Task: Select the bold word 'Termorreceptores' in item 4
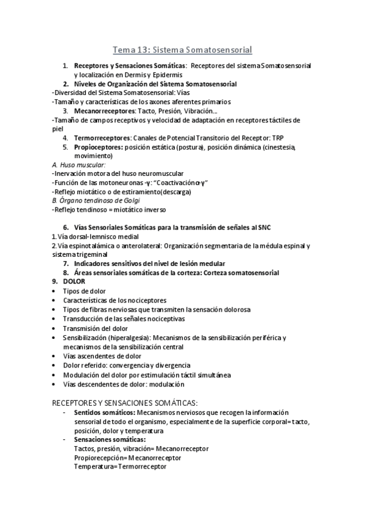tap(102, 138)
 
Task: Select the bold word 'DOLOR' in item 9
tap(74, 282)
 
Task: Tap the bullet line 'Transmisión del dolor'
tap(96, 328)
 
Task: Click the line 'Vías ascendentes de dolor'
tap(102, 356)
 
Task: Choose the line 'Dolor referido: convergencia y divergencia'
tap(127, 365)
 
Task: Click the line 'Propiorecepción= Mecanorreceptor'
tap(128, 457)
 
